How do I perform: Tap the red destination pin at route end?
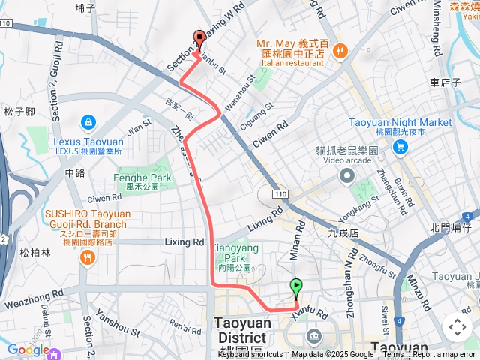pyautogui.click(x=199, y=40)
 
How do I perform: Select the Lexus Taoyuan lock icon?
pyautogui.click(x=88, y=121)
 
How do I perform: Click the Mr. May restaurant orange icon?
pyautogui.click(x=340, y=50)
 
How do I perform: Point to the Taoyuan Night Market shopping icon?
pyautogui.click(x=400, y=146)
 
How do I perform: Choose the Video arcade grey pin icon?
pyautogui.click(x=346, y=176)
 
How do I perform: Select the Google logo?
pyautogui.click(x=28, y=349)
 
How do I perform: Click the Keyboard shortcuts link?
pyautogui.click(x=250, y=355)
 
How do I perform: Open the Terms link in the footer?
pyautogui.click(x=394, y=355)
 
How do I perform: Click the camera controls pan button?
pyautogui.click(x=457, y=326)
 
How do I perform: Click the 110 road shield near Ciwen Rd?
pyautogui.click(x=280, y=194)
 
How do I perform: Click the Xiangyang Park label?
pyautogui.click(x=232, y=252)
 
